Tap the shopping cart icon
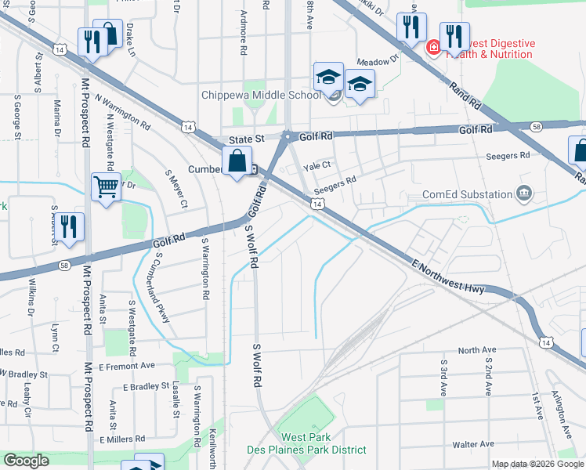107,187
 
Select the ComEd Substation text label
467,194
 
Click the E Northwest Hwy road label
451,278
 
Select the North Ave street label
477,350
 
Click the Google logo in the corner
26,461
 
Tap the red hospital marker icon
432,48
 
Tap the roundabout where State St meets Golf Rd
288,137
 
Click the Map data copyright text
537,464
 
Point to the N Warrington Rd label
122,111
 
